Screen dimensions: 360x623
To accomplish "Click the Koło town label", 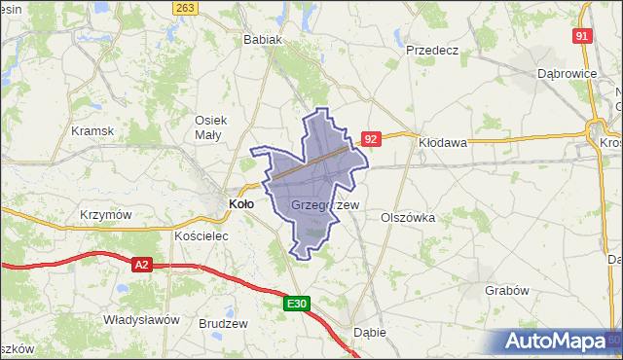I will point(240,203).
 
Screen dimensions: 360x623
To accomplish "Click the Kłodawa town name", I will point(443,142).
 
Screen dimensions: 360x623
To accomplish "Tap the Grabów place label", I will point(506,290).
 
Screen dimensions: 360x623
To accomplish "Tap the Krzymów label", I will point(106,215).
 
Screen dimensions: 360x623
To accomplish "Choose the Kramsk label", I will point(92,130).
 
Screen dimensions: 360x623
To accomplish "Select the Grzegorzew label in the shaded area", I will point(325,205).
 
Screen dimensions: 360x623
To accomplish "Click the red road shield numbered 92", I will point(370,140).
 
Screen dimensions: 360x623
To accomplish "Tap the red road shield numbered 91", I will point(582,36).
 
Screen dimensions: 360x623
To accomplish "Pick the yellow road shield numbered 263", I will point(187,8).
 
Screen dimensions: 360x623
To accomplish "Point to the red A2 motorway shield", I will point(142,264).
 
